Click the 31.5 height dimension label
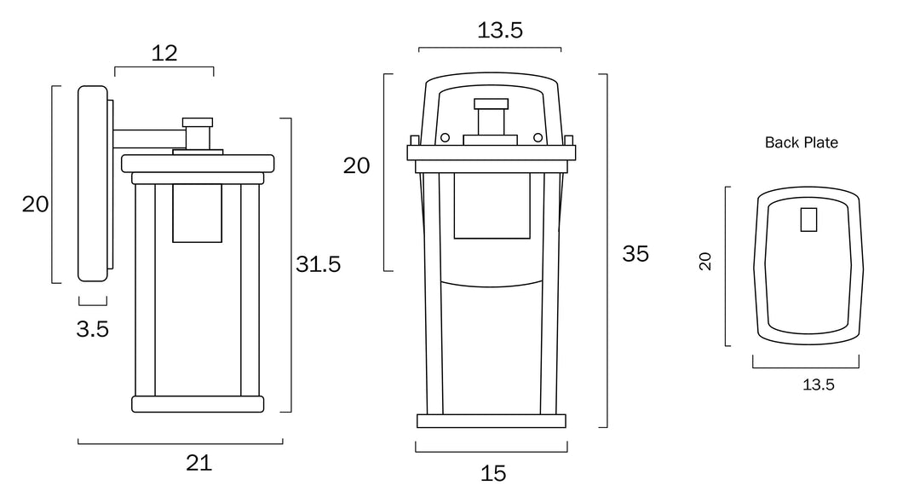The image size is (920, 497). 318,264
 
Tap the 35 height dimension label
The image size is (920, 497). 635,254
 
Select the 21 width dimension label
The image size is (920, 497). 198,464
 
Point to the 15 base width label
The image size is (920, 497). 493,473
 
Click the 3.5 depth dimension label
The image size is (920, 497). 93,329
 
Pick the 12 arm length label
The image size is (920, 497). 164,54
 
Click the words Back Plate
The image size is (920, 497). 802,142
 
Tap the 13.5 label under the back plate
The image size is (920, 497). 819,384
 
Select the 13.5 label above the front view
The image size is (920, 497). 500,30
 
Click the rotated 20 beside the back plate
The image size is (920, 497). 705,262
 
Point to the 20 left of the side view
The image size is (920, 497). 35,205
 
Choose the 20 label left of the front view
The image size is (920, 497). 357,165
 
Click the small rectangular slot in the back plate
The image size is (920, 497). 808,220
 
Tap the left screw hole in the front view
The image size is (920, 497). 445,137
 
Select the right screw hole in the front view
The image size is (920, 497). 538,137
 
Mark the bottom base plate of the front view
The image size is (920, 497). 492,421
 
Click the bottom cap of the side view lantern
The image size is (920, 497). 198,404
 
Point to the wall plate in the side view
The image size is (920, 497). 93,184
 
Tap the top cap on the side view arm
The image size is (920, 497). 198,123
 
